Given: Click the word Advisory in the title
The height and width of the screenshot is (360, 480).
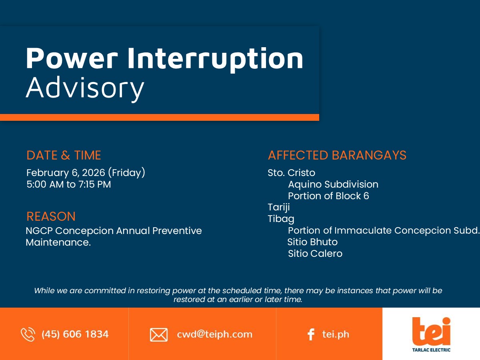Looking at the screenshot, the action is (85, 88).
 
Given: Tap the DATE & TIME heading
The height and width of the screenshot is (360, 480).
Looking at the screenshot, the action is (64, 155).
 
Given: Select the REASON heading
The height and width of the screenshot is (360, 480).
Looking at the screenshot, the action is (51, 216).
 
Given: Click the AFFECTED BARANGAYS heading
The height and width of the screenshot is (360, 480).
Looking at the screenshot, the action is (337, 155).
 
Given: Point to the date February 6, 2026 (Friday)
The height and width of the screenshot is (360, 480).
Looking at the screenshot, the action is (86, 173).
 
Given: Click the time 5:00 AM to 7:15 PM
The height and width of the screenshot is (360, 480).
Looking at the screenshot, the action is (69, 184).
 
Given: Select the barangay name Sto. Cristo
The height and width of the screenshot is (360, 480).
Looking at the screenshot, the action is (292, 173).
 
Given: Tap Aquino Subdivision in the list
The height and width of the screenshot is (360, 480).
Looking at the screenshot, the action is (333, 184).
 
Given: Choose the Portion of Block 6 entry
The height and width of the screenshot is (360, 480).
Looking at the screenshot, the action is (328, 196).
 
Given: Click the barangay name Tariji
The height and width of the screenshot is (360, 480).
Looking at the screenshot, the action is (279, 207).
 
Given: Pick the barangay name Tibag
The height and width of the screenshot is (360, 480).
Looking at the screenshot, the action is (281, 219).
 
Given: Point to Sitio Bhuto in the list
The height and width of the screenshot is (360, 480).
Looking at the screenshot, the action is (312, 242).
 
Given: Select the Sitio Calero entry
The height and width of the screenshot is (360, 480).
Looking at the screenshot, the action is (315, 254).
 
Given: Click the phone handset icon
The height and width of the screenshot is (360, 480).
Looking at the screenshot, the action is (28, 334).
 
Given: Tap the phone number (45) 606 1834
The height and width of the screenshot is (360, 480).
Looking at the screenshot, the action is (75, 334).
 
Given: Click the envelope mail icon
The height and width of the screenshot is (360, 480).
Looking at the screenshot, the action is (159, 335).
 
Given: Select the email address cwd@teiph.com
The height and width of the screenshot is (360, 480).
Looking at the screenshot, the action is (214, 334).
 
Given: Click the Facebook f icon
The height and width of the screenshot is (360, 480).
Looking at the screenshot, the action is (311, 334).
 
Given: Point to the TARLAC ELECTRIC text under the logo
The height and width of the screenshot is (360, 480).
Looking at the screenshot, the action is (431, 350).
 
